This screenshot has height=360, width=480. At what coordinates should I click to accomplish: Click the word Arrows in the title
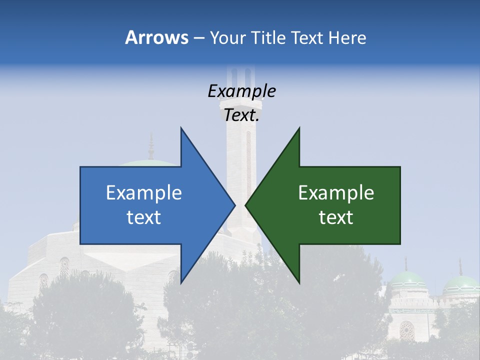pyautogui.click(x=156, y=37)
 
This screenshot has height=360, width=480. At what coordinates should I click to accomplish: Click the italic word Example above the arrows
pyautogui.click(x=241, y=91)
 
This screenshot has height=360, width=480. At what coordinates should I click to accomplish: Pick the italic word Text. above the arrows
pyautogui.click(x=241, y=115)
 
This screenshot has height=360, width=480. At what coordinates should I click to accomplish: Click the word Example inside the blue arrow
pyautogui.click(x=144, y=193)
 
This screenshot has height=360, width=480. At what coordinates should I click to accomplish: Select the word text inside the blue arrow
pyautogui.click(x=144, y=217)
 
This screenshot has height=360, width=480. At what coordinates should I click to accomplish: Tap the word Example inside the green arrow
pyautogui.click(x=336, y=193)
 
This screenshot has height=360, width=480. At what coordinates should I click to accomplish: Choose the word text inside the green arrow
pyautogui.click(x=336, y=217)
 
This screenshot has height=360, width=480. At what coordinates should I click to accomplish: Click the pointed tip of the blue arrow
pyautogui.click(x=234, y=205)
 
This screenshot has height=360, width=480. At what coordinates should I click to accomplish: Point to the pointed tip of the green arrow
pyautogui.click(x=246, y=205)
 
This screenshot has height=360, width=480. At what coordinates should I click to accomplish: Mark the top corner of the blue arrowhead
pyautogui.click(x=181, y=128)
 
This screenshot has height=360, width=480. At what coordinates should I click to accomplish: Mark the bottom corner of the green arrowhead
pyautogui.click(x=299, y=282)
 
